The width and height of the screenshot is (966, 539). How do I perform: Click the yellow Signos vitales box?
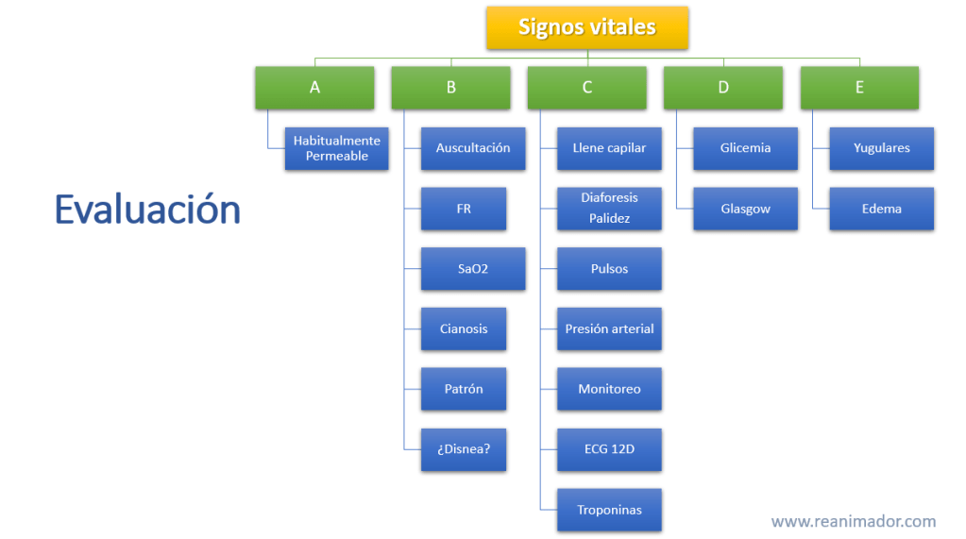tap(586, 27)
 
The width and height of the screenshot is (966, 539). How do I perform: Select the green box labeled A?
tap(314, 87)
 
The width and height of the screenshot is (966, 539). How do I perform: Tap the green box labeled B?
tap(450, 87)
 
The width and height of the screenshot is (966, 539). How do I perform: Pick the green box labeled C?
tap(586, 87)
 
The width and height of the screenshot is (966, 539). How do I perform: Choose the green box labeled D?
tap(722, 87)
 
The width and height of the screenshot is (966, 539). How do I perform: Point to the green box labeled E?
tap(858, 87)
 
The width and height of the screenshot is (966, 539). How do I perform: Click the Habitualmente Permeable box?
tap(336, 148)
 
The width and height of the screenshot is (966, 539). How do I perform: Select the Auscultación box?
tap(472, 148)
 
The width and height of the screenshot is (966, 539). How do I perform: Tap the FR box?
tap(463, 209)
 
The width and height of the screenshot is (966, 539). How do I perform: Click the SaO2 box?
tap(472, 269)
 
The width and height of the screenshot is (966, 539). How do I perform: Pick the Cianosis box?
tap(463, 328)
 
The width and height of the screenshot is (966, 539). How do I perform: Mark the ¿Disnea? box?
tap(463, 449)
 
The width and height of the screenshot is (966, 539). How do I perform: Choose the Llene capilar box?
tap(609, 148)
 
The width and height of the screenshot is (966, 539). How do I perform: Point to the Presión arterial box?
tap(609, 328)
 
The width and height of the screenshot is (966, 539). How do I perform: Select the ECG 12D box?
tap(609, 449)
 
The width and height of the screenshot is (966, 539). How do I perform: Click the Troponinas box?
tap(609, 510)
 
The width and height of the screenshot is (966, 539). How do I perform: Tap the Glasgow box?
tap(745, 209)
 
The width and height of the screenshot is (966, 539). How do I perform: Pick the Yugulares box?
tap(881, 148)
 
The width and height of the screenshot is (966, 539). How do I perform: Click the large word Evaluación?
tap(147, 209)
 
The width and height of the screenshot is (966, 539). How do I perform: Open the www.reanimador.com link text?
tap(853, 521)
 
